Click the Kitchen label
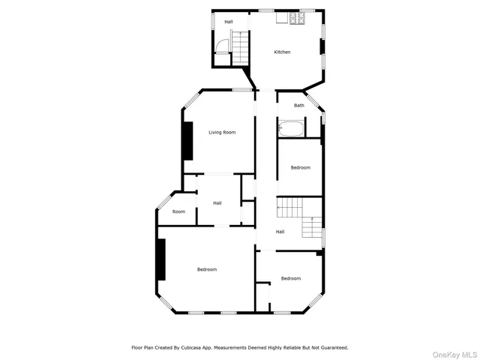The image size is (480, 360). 282,52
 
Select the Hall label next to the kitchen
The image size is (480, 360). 229,22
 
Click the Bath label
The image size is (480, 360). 299,106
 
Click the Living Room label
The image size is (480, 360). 222,133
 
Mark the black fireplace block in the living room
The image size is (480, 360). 187,140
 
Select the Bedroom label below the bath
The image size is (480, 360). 300,167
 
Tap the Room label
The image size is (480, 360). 178,211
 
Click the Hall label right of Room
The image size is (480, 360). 217,203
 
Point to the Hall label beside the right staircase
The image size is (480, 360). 280,232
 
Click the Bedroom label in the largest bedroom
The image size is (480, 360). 207,269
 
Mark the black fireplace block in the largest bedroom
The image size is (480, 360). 160,259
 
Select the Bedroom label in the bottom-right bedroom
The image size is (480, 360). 291,278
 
